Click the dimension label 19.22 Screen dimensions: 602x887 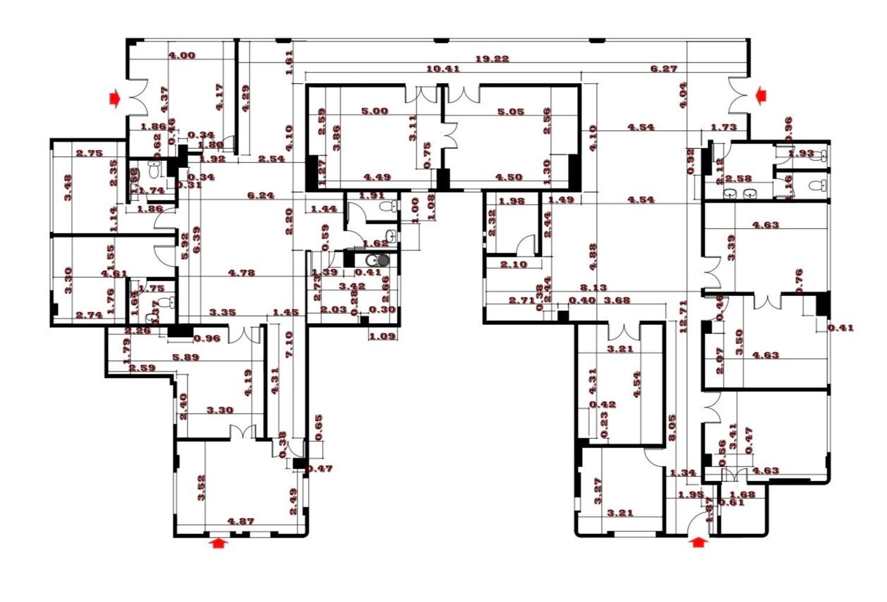(492, 59)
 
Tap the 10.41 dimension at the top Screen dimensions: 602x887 (443, 69)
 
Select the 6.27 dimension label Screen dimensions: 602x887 (663, 69)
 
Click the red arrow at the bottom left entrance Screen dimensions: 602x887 (219, 542)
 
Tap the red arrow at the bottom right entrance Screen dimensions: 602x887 (699, 541)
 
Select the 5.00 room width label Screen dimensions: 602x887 (374, 112)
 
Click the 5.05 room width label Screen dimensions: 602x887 (510, 112)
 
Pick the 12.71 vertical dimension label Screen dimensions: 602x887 (684, 317)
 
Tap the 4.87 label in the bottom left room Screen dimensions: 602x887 (241, 522)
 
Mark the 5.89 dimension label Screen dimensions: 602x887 (186, 357)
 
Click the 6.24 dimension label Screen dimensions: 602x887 (260, 196)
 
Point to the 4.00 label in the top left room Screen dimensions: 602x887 (182, 56)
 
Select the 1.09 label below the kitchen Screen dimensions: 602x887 (382, 337)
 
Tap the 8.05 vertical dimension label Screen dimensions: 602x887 (672, 428)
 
